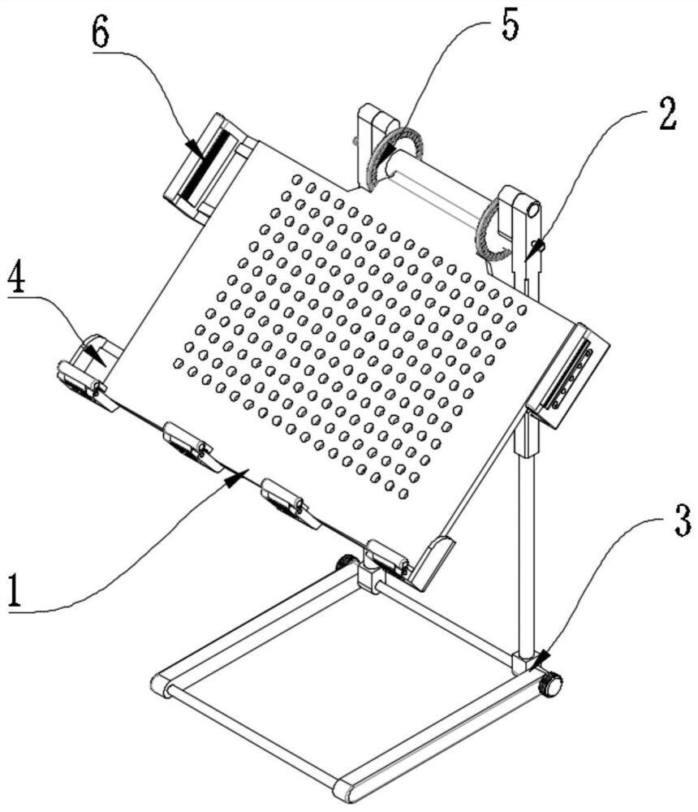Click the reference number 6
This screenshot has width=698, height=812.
pyautogui.click(x=101, y=32)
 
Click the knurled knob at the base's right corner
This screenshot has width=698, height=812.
pyautogui.click(x=550, y=685)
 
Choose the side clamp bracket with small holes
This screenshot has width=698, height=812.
pyautogui.click(x=568, y=375)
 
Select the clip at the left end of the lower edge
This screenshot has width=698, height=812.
pyautogui.click(x=85, y=384)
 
